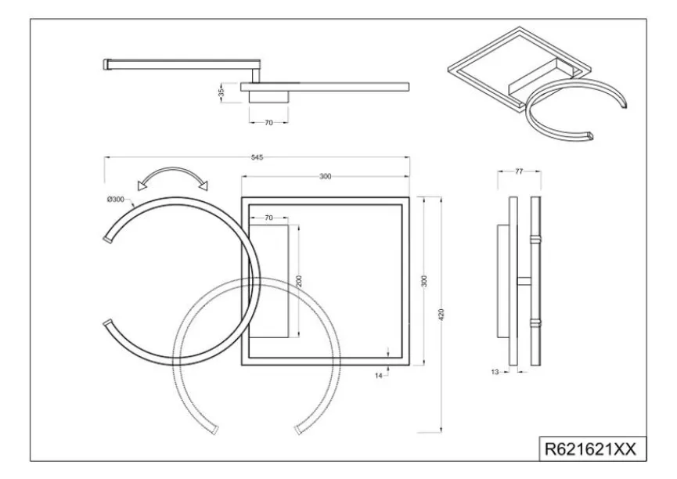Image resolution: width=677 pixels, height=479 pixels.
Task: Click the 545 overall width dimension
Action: pyautogui.click(x=257, y=157)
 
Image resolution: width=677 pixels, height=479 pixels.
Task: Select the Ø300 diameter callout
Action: pyautogui.click(x=116, y=200)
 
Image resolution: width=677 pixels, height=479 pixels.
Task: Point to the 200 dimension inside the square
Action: pyautogui.click(x=299, y=280)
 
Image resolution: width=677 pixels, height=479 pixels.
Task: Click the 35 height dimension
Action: pyautogui.click(x=221, y=92)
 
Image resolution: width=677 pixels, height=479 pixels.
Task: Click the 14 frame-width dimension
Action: pyautogui.click(x=379, y=376)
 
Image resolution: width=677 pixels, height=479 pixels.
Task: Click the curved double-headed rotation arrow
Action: pyautogui.click(x=171, y=177)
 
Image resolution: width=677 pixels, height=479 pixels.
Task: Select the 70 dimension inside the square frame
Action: pyautogui.click(x=268, y=217)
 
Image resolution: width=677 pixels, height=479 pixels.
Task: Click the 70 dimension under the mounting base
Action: pyautogui.click(x=268, y=123)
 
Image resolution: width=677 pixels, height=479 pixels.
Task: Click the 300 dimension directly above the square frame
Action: pyautogui.click(x=326, y=177)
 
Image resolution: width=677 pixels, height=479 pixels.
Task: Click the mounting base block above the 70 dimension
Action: pyautogui.click(x=268, y=96)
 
